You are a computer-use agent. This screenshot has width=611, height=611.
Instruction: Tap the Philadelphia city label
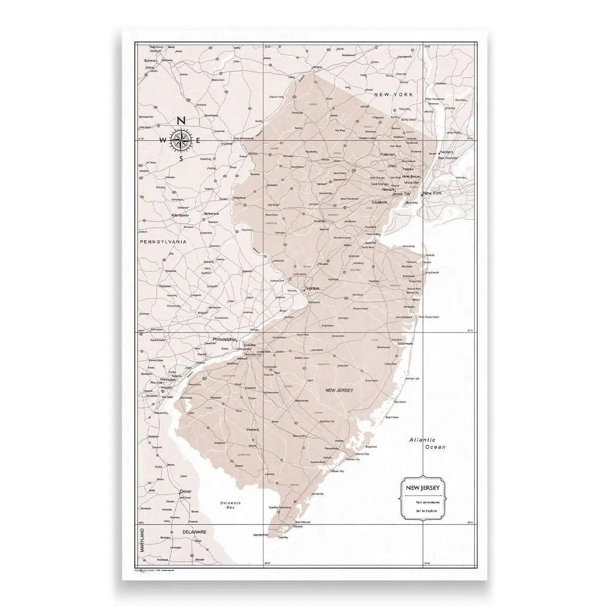pyautogui.click(x=224, y=339)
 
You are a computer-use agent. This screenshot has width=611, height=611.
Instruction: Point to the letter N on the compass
pyautogui.click(x=181, y=121)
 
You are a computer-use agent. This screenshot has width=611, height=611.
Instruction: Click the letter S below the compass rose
pyautogui.click(x=181, y=158)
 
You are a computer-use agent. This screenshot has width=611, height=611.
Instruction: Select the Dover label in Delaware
pyautogui.click(x=186, y=491)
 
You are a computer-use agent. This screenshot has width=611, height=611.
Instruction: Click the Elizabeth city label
pyautogui.click(x=380, y=202)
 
